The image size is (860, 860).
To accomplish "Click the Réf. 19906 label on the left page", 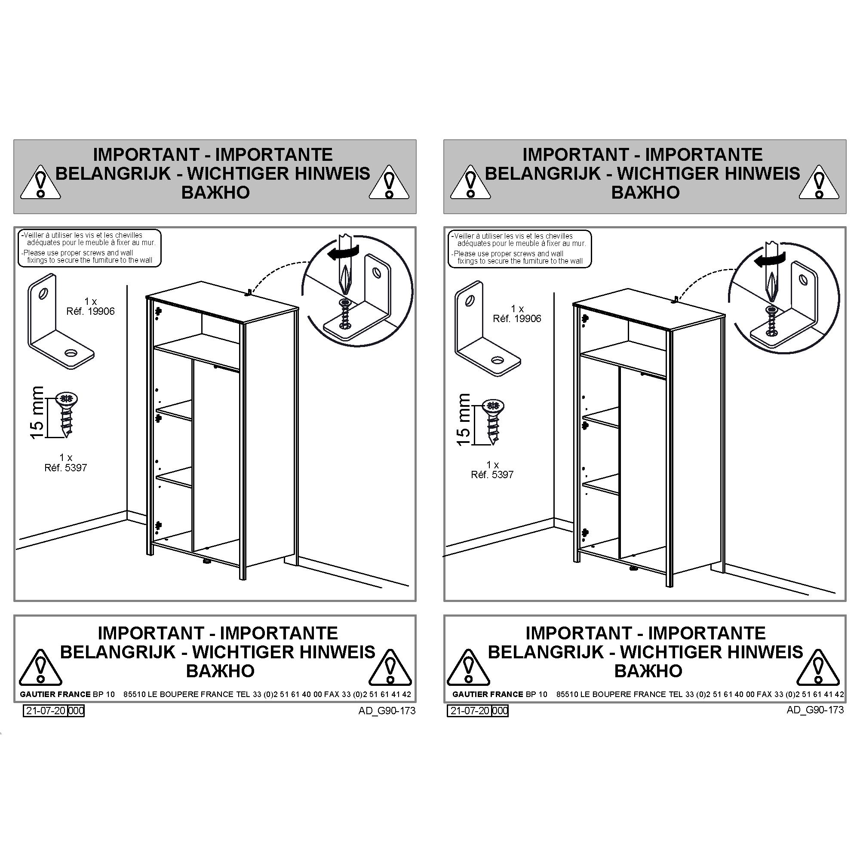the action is click(90, 311).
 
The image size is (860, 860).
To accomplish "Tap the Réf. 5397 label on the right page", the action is click(492, 475).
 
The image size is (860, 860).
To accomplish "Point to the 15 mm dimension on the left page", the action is click(37, 412).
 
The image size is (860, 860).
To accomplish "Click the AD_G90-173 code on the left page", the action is click(387, 711).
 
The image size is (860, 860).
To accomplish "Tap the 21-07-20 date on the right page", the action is click(470, 711).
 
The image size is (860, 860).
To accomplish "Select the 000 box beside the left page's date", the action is click(76, 711).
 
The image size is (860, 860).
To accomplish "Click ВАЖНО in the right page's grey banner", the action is click(645, 192).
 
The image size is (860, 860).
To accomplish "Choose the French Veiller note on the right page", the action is click(519, 240).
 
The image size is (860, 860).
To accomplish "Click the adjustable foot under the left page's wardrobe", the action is click(207, 562).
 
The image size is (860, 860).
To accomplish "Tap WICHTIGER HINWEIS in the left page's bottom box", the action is click(283, 652).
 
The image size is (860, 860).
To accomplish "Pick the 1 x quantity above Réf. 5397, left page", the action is click(66, 457).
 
